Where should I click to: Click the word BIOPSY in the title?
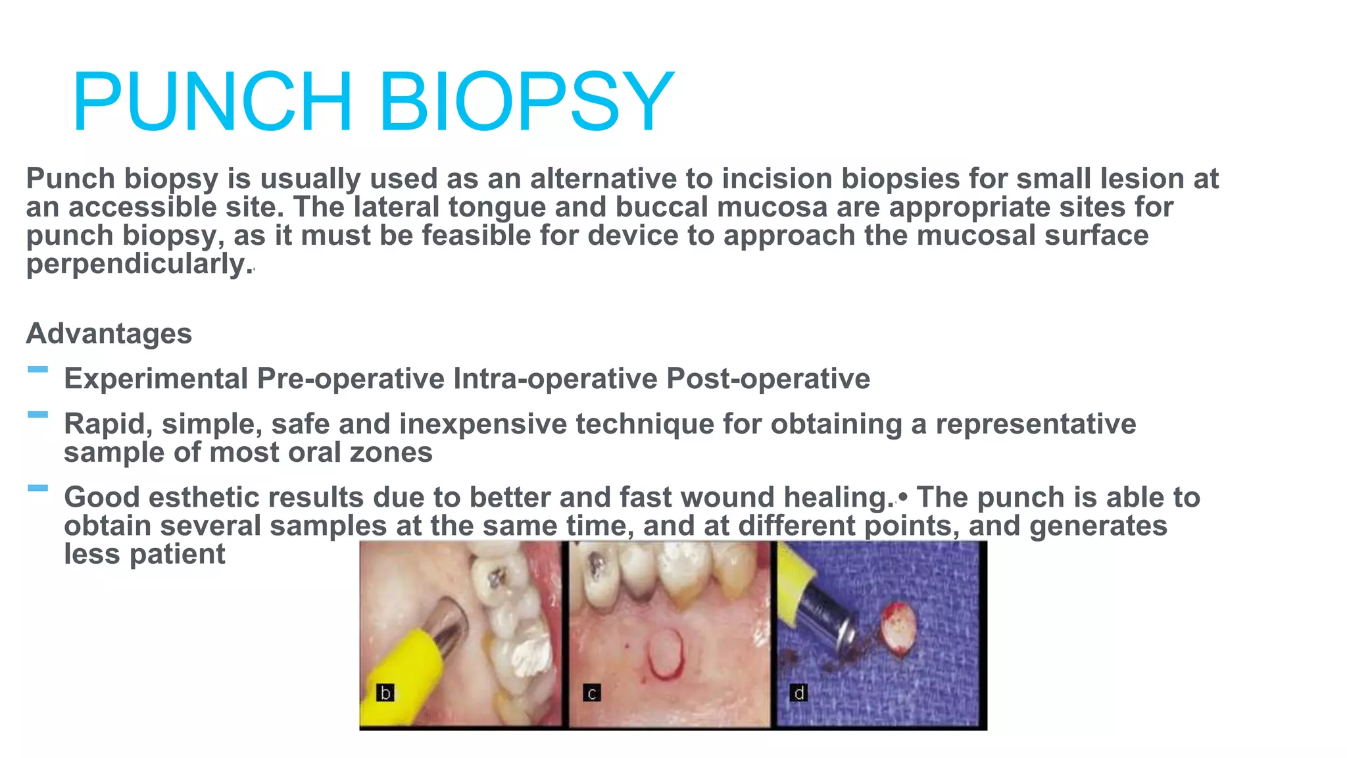pos(526,102)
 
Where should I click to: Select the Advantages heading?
pos(109,334)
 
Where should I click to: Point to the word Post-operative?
pos(768,379)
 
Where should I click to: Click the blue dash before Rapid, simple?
pos(38,415)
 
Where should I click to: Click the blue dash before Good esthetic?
pos(38,488)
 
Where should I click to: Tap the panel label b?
pos(385,693)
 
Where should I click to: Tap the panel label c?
pos(592,693)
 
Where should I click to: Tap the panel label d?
pos(798,693)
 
